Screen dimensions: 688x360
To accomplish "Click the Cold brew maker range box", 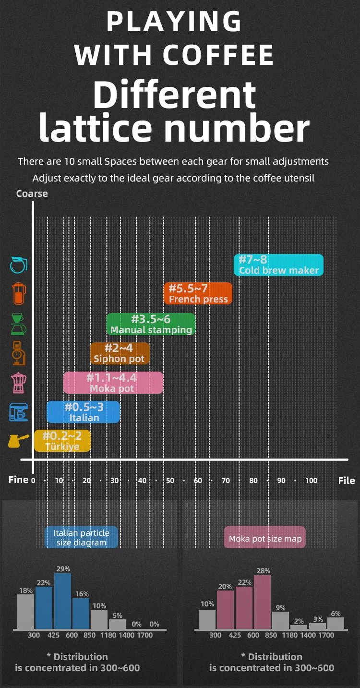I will (279, 265).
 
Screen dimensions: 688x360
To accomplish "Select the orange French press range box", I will (198, 293).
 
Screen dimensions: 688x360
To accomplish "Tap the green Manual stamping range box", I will (151, 324).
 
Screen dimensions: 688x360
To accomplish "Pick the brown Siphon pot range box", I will (120, 353).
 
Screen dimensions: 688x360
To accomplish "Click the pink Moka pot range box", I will (113, 383).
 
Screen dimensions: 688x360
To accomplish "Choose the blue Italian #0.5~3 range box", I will (84, 412).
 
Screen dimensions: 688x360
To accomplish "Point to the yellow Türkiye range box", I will (62, 441).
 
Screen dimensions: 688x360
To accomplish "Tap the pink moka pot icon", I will (19, 383).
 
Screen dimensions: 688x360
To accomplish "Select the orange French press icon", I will (19, 294).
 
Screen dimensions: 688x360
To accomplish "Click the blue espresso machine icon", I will (19, 412).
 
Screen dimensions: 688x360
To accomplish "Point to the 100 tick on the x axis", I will (311, 481).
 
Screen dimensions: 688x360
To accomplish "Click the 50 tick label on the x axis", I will (170, 481).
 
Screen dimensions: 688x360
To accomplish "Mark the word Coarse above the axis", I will (32, 194).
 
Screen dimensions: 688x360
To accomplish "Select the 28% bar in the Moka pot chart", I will (262, 602).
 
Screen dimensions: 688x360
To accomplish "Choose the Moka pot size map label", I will (265, 538).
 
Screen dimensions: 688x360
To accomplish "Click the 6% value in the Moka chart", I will (336, 614).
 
